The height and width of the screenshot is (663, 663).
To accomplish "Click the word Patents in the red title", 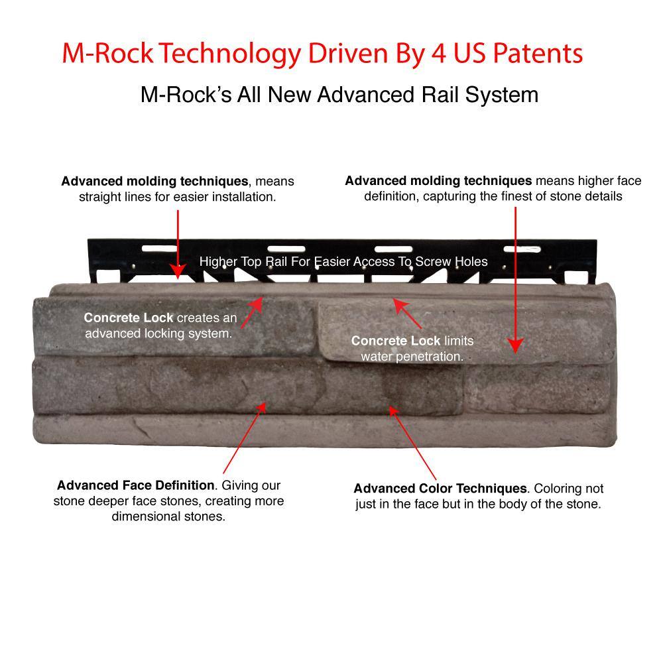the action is pyautogui.click(x=538, y=54).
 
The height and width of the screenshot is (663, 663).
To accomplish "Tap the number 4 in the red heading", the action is pyautogui.click(x=438, y=54).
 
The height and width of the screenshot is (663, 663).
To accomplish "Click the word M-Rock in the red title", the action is pyautogui.click(x=108, y=54).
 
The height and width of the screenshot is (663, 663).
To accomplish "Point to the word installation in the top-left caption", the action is pyautogui.click(x=243, y=197).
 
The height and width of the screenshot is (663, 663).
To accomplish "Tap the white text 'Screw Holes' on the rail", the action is pyautogui.click(x=451, y=262).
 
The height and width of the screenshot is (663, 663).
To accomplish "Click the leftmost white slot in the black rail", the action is pyautogui.click(x=159, y=249).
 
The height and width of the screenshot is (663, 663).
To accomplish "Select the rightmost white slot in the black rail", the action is pyautogui.click(x=522, y=249).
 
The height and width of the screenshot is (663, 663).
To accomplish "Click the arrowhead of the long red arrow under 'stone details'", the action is pyautogui.click(x=515, y=345).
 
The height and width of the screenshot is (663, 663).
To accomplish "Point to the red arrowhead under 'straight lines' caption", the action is pyautogui.click(x=178, y=271).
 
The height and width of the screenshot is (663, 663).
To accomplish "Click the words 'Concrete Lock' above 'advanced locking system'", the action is pyautogui.click(x=129, y=318).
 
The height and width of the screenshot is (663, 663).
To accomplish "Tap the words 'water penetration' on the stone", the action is pyautogui.click(x=412, y=357).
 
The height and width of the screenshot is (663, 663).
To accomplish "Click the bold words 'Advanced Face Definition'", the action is pyautogui.click(x=136, y=485).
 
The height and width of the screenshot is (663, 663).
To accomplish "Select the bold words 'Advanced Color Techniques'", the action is pyautogui.click(x=440, y=489).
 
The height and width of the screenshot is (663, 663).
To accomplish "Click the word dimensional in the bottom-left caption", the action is pyautogui.click(x=146, y=516).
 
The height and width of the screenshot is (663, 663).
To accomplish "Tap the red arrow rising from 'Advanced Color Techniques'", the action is pyautogui.click(x=412, y=443).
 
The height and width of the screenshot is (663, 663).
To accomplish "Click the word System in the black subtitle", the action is pyautogui.click(x=502, y=95).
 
